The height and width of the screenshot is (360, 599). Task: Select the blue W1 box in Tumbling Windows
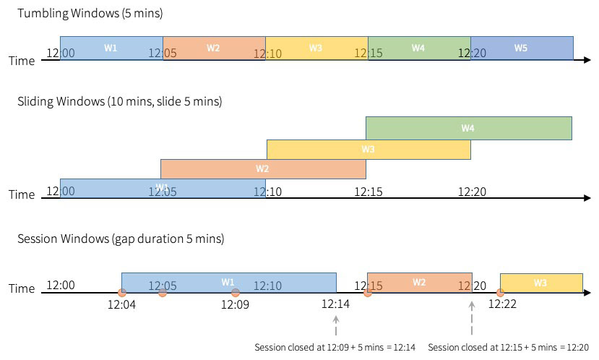[111, 48]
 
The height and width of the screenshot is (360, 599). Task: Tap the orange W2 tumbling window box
[214, 48]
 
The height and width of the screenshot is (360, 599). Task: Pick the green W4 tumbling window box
[419, 48]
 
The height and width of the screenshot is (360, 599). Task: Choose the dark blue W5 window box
[522, 48]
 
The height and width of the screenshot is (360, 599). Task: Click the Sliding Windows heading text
[119, 101]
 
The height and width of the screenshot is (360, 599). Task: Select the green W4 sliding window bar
[468, 128]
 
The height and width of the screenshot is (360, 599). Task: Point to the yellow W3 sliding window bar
[369, 149]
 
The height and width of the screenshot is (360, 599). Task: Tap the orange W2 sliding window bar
[263, 168]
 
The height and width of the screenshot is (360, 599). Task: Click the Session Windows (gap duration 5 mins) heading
[121, 239]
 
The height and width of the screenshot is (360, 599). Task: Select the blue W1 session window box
[228, 282]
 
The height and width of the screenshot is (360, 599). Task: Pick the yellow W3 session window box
[541, 283]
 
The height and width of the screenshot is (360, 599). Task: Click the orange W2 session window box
[419, 282]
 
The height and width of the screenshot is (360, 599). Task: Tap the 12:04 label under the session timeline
[121, 305]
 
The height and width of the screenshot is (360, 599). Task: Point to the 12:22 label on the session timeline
[502, 305]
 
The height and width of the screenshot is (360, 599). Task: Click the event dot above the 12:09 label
[236, 293]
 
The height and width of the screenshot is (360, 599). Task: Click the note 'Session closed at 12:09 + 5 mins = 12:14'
[335, 348]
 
